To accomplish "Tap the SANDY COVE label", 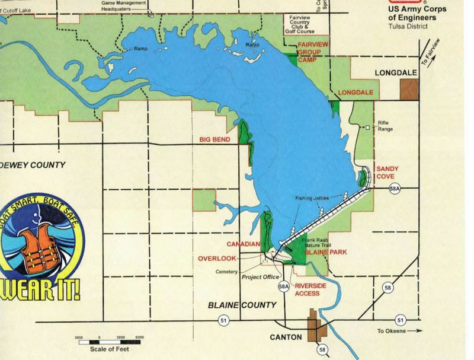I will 387,173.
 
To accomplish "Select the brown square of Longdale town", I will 409,89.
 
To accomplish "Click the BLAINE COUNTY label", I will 242,305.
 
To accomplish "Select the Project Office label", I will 260,277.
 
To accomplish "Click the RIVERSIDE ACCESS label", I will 310,289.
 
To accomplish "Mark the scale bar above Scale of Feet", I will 109,342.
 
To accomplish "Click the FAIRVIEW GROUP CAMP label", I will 308,52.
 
